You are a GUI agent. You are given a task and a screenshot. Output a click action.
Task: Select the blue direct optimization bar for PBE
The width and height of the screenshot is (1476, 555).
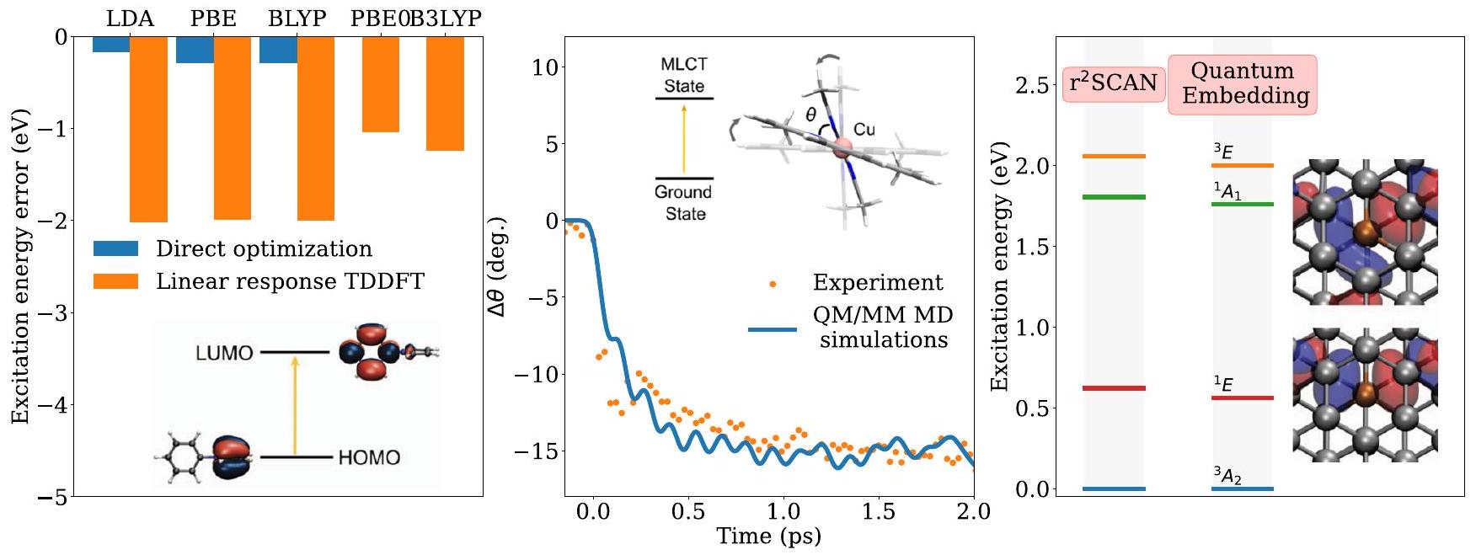tap(195, 50)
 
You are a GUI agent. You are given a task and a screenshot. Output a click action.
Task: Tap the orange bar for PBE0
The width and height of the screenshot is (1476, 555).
tap(380, 84)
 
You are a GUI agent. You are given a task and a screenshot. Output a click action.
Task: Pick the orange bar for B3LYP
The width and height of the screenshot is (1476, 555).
tap(445, 93)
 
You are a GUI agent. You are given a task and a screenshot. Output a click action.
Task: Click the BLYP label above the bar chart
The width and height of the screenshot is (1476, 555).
tap(297, 19)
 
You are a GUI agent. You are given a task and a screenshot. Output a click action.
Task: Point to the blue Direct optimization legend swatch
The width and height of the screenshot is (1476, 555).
tap(115, 248)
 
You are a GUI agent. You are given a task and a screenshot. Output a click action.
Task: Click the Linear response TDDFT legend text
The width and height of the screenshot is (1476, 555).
tap(290, 281)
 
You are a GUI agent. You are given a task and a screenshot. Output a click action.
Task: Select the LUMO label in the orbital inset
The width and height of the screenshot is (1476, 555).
tap(224, 353)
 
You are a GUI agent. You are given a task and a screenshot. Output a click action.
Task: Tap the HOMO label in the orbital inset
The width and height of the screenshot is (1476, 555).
tap(369, 458)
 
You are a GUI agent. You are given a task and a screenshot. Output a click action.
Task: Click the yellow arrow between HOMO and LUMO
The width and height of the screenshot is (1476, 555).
tap(295, 405)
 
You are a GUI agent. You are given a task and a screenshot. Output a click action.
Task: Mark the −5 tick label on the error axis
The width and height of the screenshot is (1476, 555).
tap(53, 498)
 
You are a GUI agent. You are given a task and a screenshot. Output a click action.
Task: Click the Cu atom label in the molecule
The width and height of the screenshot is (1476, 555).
tap(864, 130)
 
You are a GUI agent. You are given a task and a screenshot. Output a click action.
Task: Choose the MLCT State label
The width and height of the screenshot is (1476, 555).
tap(684, 75)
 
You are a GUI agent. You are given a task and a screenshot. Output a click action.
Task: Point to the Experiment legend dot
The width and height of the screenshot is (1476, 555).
tap(773, 284)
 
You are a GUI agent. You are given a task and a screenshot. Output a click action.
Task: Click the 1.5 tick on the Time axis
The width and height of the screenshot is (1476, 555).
tap(879, 512)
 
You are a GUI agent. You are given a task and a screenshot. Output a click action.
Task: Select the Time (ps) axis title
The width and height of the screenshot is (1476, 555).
tap(768, 536)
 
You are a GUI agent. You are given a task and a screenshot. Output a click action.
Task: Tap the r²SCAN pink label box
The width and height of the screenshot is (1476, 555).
tap(1113, 83)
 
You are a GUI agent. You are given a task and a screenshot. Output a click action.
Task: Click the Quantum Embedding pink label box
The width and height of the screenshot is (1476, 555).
tap(1242, 83)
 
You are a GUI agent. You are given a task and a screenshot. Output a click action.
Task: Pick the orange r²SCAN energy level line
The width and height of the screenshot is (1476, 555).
tap(1114, 156)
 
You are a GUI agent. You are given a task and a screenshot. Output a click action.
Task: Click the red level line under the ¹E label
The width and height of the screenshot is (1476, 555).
tap(1243, 398)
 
